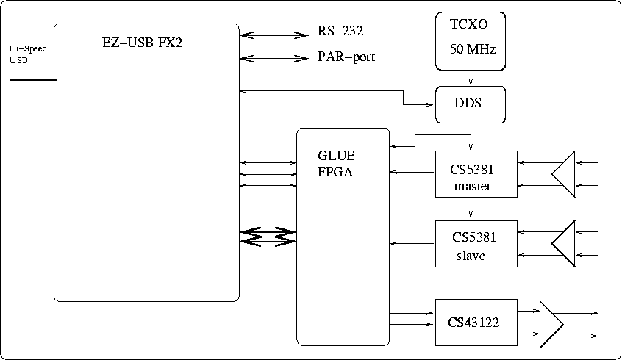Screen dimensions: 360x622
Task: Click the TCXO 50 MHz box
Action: tap(471, 40)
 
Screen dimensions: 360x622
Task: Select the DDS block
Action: tap(471, 104)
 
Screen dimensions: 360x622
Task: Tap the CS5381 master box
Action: tap(476, 179)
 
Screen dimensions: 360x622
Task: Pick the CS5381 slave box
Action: tap(476, 246)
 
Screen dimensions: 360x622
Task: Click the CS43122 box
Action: tap(476, 322)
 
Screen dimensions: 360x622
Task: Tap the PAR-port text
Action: tap(346, 57)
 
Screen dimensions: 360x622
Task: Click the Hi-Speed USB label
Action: tap(28, 54)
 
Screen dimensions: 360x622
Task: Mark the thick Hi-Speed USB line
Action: tap(32, 79)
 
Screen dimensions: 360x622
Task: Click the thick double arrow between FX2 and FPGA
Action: tap(268, 236)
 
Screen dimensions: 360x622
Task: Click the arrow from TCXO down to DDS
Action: tap(471, 79)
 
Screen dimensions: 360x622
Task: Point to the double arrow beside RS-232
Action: tap(273, 35)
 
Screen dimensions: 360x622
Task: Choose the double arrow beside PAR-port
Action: tap(273, 58)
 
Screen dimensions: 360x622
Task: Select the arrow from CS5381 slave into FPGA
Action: tap(412, 243)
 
